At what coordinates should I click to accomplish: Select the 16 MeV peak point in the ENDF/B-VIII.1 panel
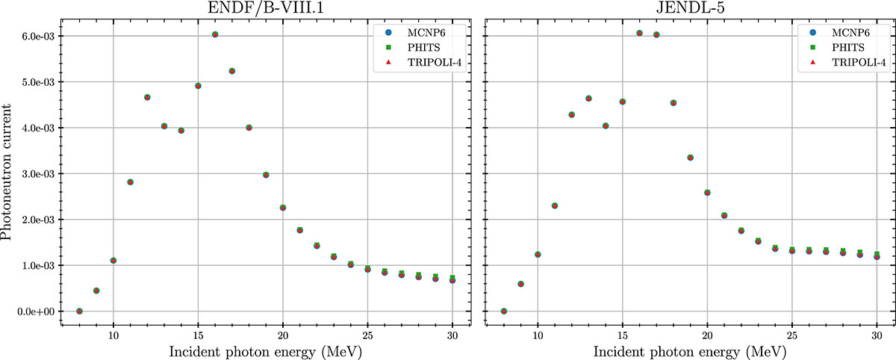coord(215,34)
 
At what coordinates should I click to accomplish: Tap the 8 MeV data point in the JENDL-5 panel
coord(503,311)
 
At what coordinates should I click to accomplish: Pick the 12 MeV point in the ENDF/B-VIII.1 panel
coord(147,97)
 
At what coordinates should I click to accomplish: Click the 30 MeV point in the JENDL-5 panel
coord(877,256)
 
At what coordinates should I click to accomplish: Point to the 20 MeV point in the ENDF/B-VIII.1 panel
coord(283,208)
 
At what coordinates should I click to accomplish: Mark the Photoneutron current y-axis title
coord(10,173)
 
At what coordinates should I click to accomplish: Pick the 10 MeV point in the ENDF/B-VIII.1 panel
coord(113,260)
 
